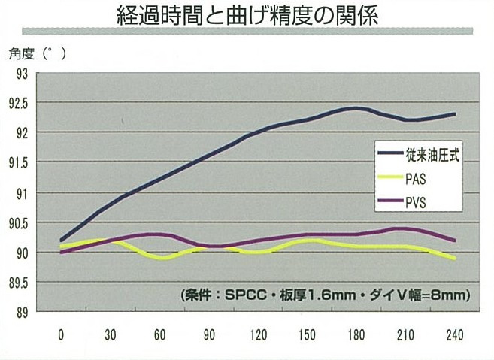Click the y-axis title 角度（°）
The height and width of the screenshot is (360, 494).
click(x=38, y=53)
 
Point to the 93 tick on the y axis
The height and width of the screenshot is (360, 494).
click(x=20, y=74)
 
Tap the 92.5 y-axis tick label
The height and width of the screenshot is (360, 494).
click(x=17, y=103)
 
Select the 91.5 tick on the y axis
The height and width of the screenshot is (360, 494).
click(x=17, y=163)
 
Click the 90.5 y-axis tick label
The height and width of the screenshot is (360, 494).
click(x=17, y=223)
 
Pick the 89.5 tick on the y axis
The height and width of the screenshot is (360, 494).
click(x=17, y=283)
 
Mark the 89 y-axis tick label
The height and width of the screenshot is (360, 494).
click(x=20, y=312)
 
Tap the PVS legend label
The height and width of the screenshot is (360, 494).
click(x=421, y=203)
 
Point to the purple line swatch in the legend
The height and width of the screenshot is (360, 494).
click(x=392, y=204)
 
